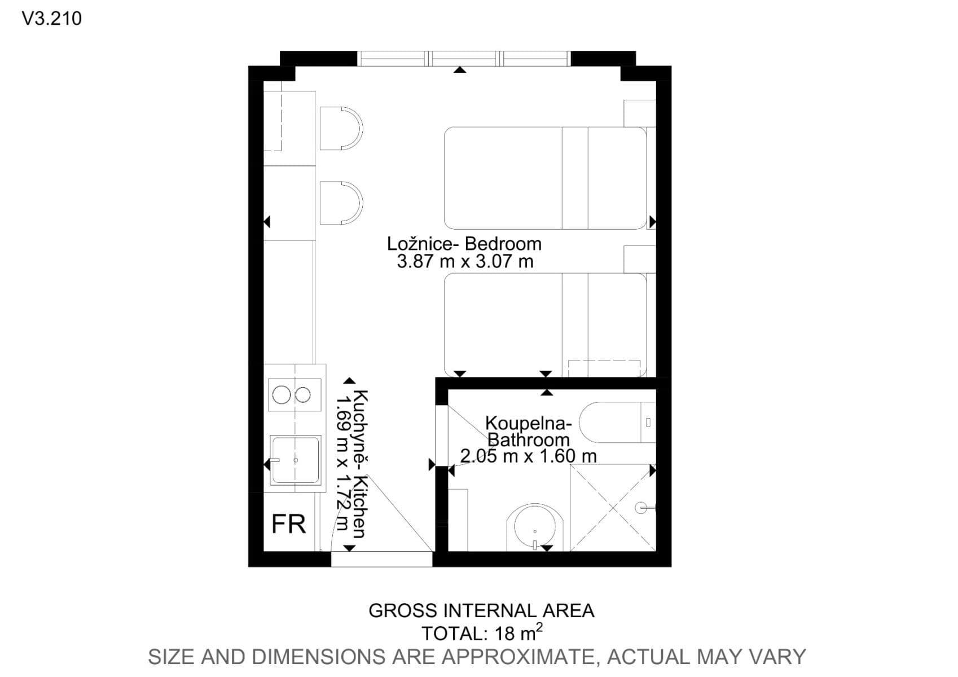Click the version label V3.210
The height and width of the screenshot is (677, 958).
click(x=51, y=19)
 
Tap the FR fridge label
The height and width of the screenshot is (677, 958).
click(x=288, y=524)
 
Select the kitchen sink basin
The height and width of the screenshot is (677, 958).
click(x=295, y=460)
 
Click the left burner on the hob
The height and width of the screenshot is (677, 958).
click(x=282, y=394)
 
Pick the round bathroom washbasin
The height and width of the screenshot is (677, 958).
click(x=535, y=527)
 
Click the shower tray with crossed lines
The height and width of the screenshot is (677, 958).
click(x=613, y=507)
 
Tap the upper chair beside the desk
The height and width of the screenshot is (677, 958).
click(x=340, y=128)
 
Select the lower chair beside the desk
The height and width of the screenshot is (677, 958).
click(x=340, y=203)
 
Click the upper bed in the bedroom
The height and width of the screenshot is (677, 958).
click(x=544, y=178)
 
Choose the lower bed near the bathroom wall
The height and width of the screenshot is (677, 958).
click(x=544, y=324)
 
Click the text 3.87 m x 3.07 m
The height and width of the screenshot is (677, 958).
click(x=465, y=262)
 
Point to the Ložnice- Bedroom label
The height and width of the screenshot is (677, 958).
click(x=464, y=244)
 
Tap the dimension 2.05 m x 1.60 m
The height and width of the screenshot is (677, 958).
click(x=528, y=456)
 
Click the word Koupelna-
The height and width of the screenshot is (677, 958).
click(x=529, y=423)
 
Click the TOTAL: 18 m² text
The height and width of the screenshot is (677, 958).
click(x=482, y=633)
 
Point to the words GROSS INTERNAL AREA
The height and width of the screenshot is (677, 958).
click(x=481, y=610)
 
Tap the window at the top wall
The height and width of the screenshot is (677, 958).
click(x=464, y=58)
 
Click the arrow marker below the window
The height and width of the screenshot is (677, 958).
click(x=460, y=69)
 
